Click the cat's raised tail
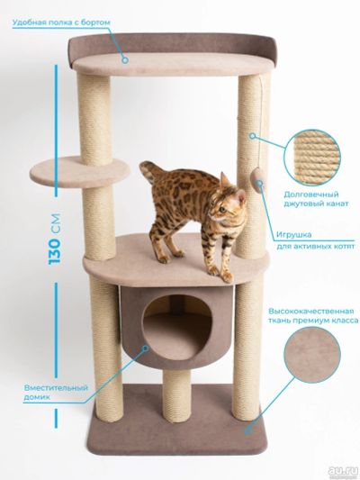coord(150,170)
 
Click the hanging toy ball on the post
coord(258,180)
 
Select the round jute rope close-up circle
coord(312,158)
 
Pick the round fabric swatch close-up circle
coord(312,355)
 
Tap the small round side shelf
coord(79,171)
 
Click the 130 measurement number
coord(55,251)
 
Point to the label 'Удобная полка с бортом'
coord(61,23)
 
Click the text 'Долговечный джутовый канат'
coord(316,199)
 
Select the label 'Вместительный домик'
coord(56,393)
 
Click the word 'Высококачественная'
coord(311,312)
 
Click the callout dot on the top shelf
coord(125,60)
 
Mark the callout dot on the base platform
coord(248,431)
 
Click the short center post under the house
coord(176,396)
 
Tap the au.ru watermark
coord(343,471)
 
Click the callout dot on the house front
coord(146,348)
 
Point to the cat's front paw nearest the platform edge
coord(227,277)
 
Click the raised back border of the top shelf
coord(173,44)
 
